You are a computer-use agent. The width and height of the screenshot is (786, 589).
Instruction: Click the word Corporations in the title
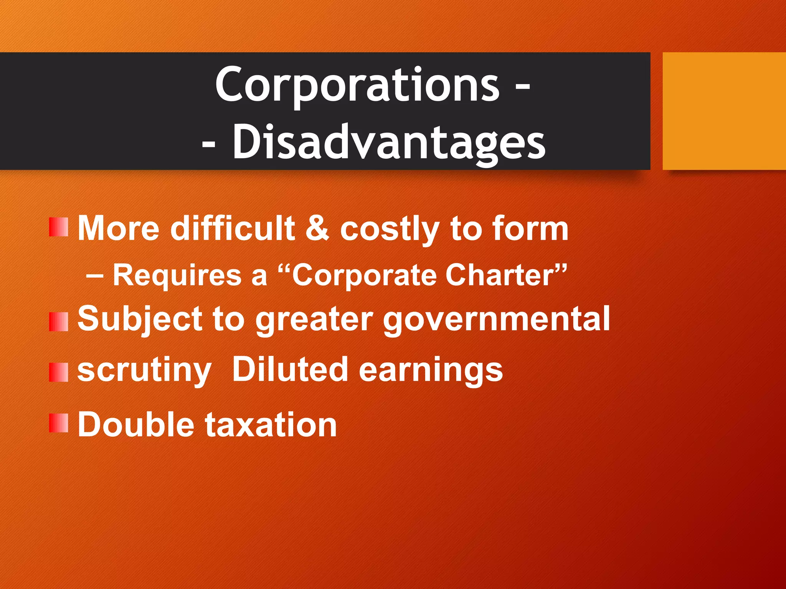point(357,85)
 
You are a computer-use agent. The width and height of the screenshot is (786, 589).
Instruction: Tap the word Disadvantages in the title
point(388,143)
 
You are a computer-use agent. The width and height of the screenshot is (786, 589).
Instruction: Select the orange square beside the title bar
point(724,111)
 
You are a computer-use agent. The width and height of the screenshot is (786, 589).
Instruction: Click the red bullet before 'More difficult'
point(59,227)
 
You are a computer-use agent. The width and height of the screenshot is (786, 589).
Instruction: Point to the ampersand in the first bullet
point(317,229)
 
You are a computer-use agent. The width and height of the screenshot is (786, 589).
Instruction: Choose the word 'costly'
point(389,229)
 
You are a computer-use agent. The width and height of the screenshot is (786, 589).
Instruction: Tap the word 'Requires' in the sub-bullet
point(177,275)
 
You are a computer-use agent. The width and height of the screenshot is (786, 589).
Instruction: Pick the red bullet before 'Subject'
point(59,321)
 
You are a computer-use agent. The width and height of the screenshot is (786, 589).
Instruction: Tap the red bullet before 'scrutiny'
point(59,372)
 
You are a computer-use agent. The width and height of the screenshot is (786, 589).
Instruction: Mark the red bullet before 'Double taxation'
point(59,423)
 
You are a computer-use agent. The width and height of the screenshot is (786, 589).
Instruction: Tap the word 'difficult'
point(233,229)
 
